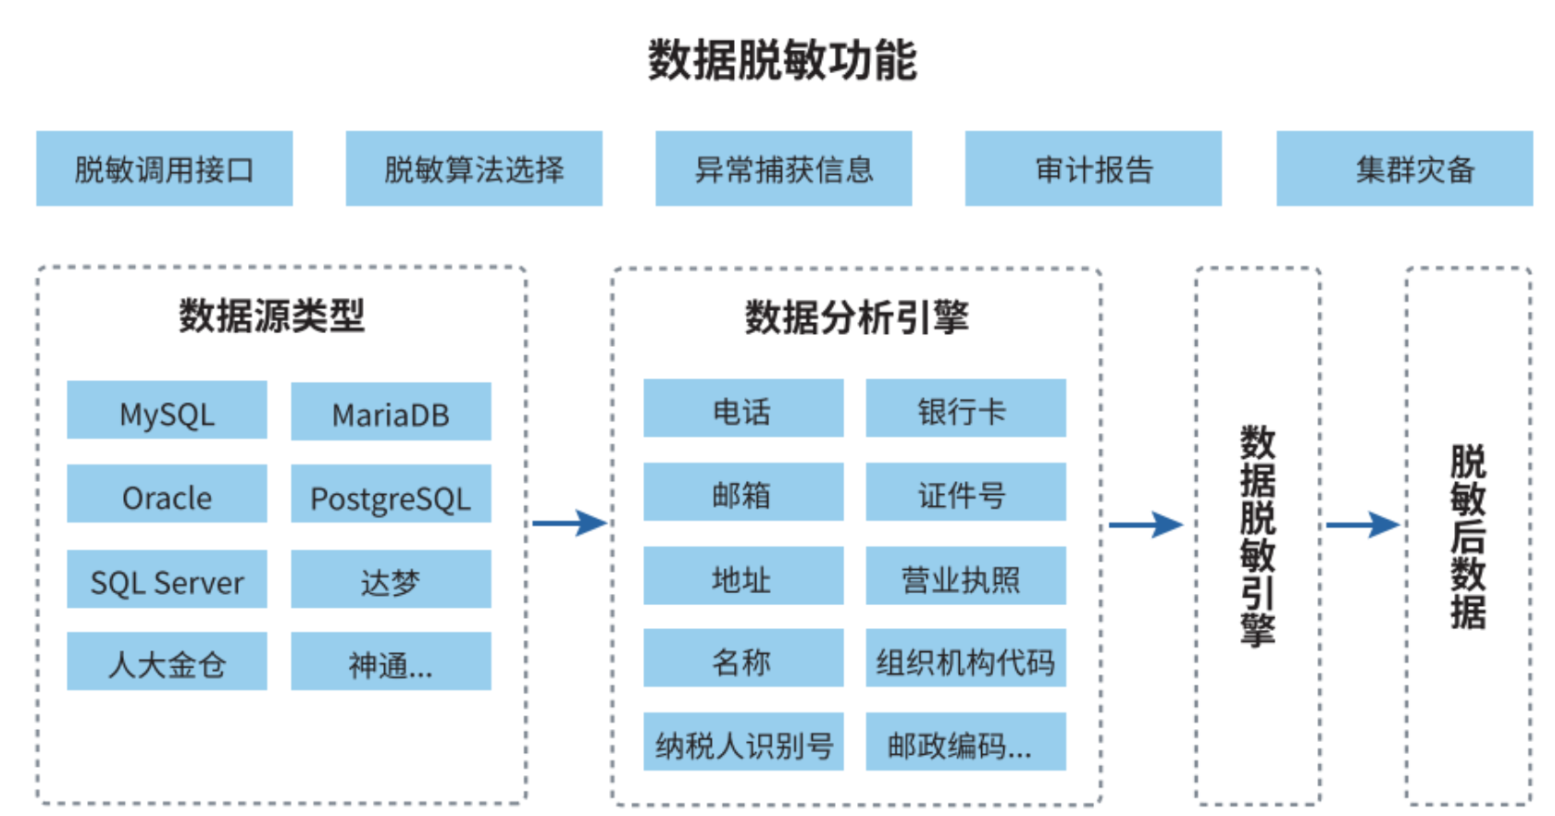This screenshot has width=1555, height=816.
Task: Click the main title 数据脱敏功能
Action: coord(782,61)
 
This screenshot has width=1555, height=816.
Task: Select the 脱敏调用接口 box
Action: coord(165,168)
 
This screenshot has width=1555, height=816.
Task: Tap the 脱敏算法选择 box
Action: coord(474,168)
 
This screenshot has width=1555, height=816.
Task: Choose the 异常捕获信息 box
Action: coord(783,168)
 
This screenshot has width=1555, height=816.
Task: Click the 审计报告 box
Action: coord(1093,168)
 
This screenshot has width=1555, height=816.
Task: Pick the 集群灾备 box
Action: coord(1404,168)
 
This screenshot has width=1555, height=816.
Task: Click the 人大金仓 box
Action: coord(167,661)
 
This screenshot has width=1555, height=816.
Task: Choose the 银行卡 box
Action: coord(965,408)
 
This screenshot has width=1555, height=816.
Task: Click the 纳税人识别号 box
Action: coord(743,742)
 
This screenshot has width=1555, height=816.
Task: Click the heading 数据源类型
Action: coord(272,315)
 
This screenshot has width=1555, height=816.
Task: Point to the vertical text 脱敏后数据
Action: coord(1468,537)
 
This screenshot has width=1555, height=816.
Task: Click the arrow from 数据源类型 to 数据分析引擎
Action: coord(568,523)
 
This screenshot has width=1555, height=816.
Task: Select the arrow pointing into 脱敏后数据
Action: coord(1362,525)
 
